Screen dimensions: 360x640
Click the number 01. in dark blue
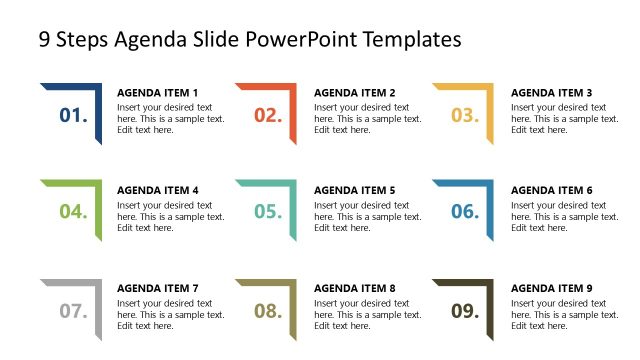[x=74, y=115]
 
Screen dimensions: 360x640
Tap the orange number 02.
[x=268, y=115]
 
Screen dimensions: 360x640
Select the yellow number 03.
[x=465, y=115]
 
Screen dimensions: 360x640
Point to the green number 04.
[x=74, y=211]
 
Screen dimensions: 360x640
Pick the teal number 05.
[x=268, y=211]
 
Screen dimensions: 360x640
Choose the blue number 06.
[x=465, y=211]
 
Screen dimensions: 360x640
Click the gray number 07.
[x=74, y=311]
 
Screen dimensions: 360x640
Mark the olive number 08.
[x=268, y=311]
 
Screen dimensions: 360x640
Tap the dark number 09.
[x=465, y=311]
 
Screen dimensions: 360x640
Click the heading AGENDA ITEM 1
[x=158, y=93]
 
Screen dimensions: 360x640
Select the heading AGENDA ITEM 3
[x=551, y=93]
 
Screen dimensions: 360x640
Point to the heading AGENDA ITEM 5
[x=354, y=190]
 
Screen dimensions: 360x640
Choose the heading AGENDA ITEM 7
[x=158, y=288]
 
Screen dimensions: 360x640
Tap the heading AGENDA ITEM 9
[x=551, y=288]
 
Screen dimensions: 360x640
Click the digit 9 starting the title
[x=44, y=40]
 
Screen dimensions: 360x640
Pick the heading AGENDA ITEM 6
[x=551, y=190]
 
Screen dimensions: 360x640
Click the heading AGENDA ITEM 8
[x=354, y=288]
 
